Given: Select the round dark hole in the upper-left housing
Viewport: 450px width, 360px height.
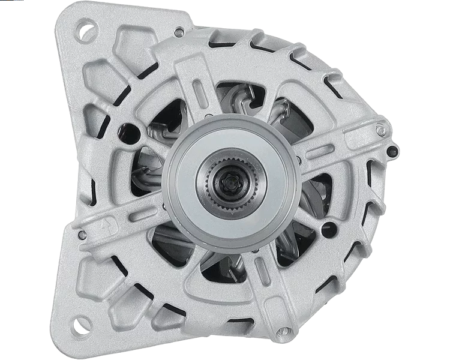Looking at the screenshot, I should tap(128, 128).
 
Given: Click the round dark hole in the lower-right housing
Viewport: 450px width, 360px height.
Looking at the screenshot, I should tap(328, 227).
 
